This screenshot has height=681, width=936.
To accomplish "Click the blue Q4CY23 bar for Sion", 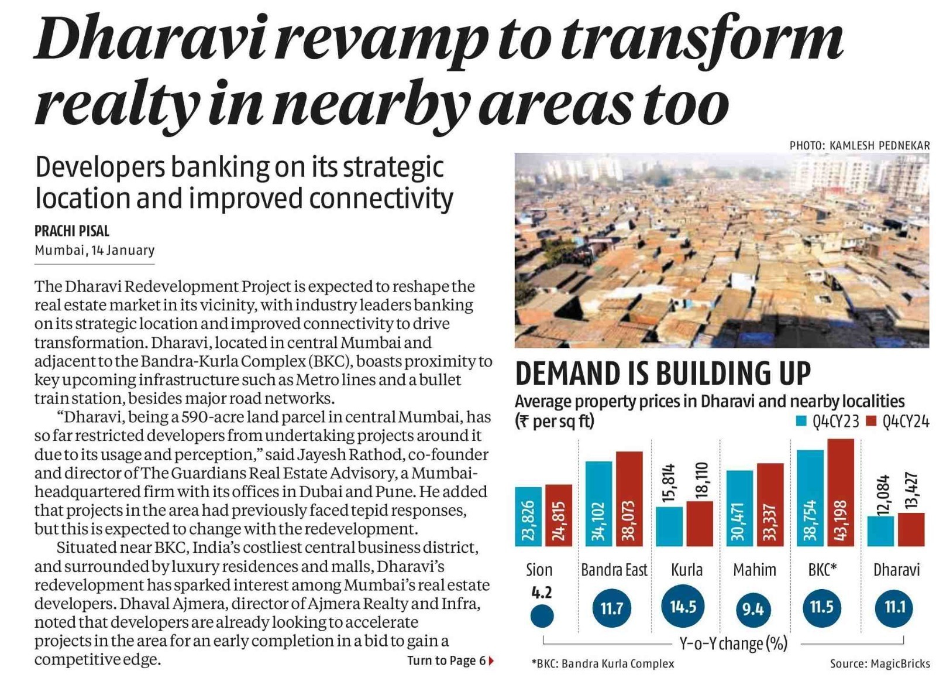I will click(528, 516).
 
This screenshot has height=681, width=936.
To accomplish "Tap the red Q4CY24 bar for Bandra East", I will click(629, 498).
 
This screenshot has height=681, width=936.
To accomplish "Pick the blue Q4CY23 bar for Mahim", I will click(739, 508).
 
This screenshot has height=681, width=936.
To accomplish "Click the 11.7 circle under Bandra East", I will click(611, 608).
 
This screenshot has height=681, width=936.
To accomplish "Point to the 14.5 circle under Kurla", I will click(683, 607).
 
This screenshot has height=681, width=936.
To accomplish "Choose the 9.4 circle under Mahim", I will click(753, 610).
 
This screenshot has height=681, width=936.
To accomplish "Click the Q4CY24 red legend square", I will click(871, 420).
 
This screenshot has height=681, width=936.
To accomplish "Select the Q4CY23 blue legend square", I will click(801, 420).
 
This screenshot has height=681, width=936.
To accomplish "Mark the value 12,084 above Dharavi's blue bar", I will click(883, 495).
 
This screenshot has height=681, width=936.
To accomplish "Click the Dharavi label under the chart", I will click(896, 570).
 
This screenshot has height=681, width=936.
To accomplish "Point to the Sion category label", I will click(539, 570).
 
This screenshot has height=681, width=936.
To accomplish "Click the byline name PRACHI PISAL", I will click(72, 231).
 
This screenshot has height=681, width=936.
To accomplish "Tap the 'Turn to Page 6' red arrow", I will click(491, 661).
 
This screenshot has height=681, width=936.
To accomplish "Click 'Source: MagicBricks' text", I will click(879, 663).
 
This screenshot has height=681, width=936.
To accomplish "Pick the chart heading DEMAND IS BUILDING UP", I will click(663, 374).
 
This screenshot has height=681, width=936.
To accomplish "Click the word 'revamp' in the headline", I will click(381, 40).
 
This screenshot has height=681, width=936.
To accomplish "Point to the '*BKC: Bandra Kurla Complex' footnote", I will click(603, 663).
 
